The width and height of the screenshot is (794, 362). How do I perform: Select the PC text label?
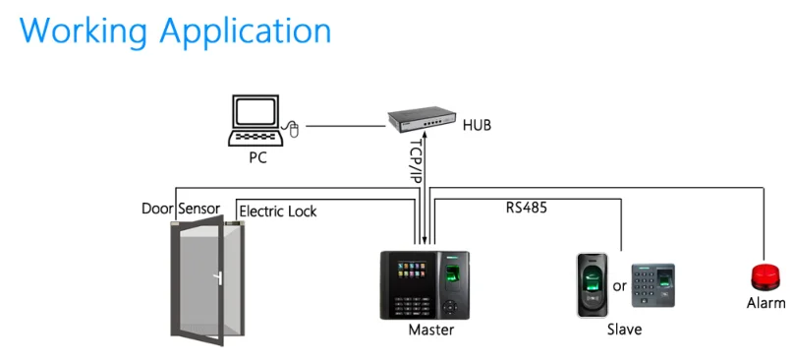pos(256,157)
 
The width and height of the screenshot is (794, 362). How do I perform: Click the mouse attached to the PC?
pos(293,128)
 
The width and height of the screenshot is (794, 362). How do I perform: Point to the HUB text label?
pos(477,126)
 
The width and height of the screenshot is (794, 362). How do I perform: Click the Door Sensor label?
pos(181,210)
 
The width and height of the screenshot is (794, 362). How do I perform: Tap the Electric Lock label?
pos(278,211)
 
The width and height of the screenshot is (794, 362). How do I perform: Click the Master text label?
pos(431,331)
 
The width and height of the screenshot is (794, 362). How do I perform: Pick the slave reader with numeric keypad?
pos(653,286)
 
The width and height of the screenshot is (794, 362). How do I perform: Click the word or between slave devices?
pos(619,286)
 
